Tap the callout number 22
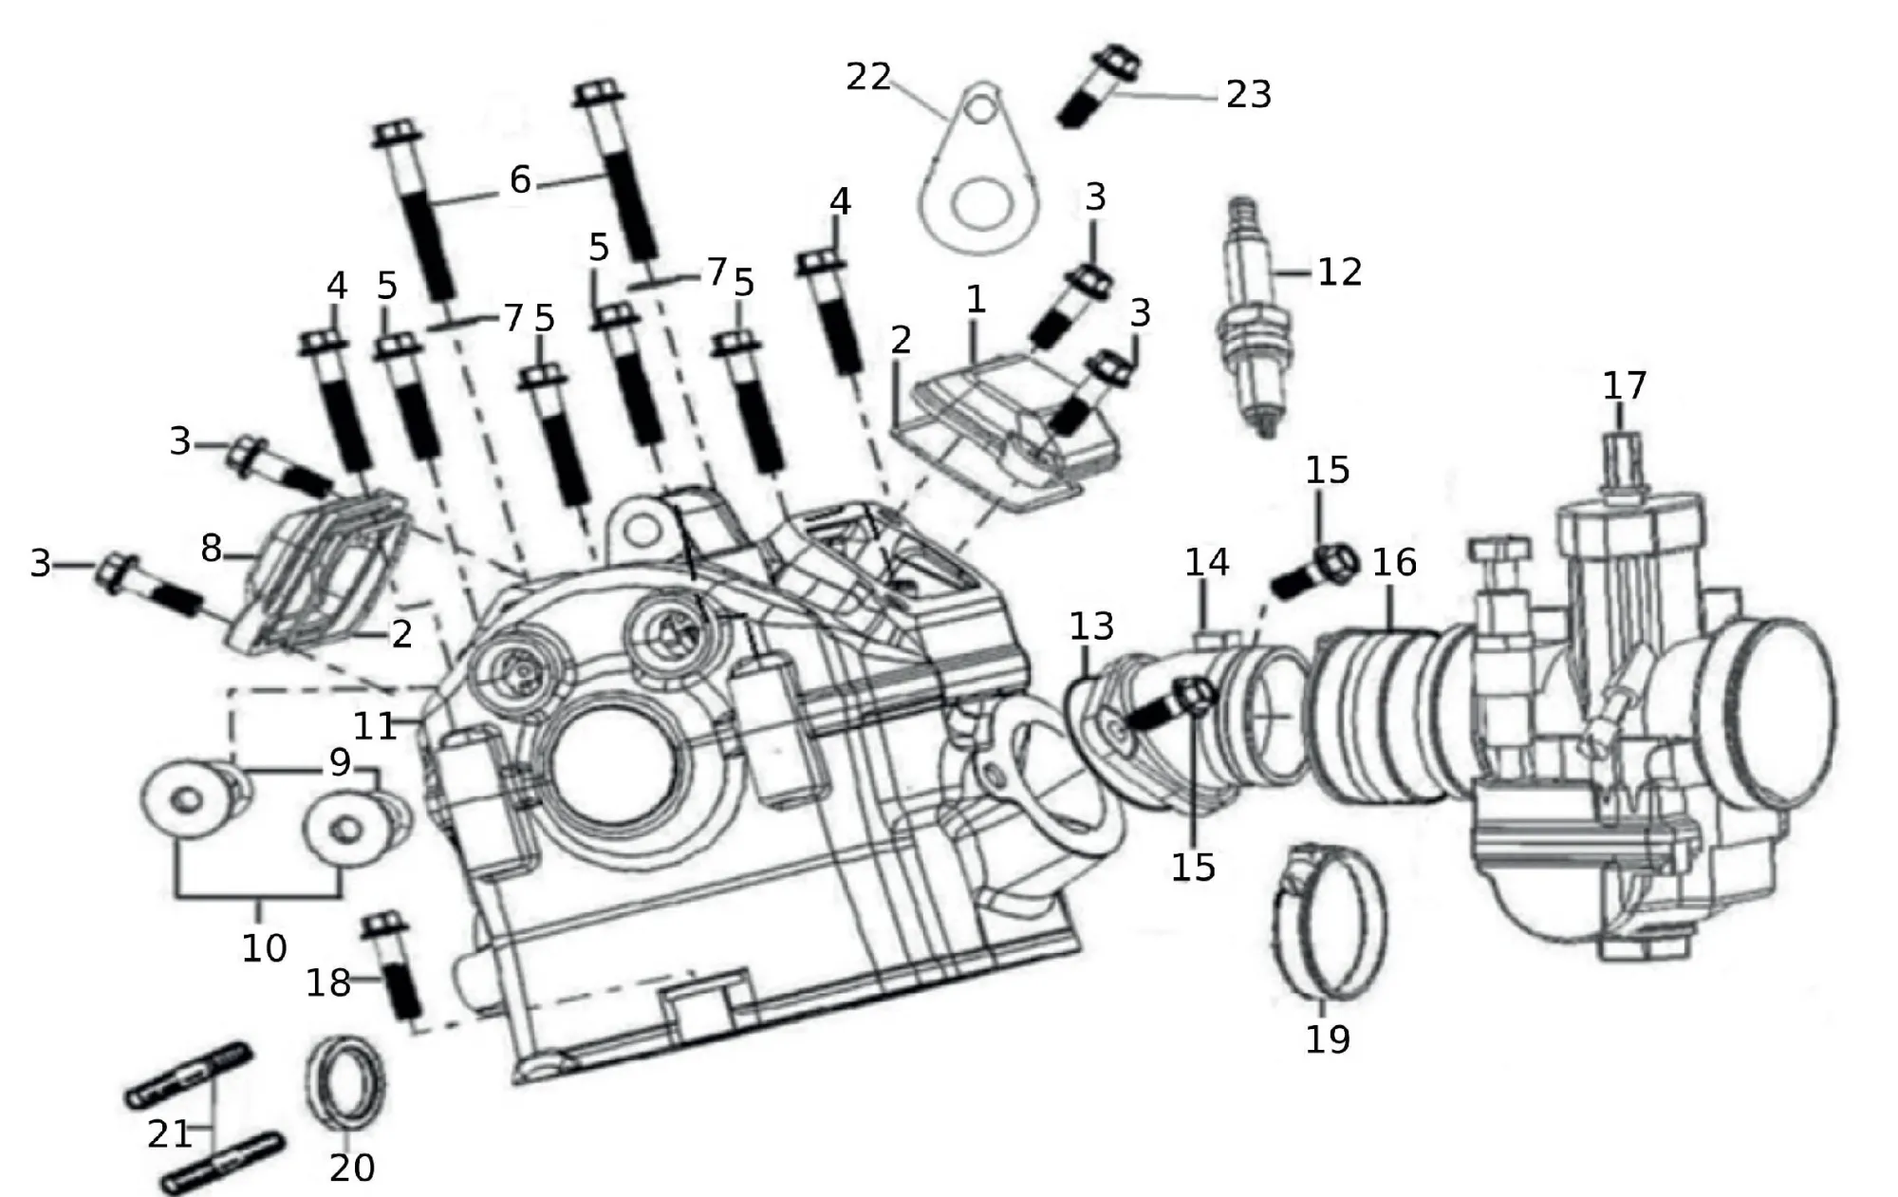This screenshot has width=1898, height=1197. tap(868, 78)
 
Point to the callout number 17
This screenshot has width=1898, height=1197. tap(1624, 386)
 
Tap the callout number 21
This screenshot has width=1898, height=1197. tap(170, 1134)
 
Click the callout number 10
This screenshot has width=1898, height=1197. tap(264, 947)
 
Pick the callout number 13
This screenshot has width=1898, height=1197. tap(1091, 627)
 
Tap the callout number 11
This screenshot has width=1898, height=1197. tap(374, 727)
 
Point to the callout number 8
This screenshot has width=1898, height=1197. tap(211, 549)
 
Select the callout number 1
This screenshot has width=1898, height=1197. tap(976, 300)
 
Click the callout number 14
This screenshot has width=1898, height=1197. tap(1206, 563)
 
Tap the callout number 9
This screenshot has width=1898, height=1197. tap(340, 762)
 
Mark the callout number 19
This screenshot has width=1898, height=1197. tap(1327, 1039)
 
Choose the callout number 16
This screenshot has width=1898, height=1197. tap(1394, 563)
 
